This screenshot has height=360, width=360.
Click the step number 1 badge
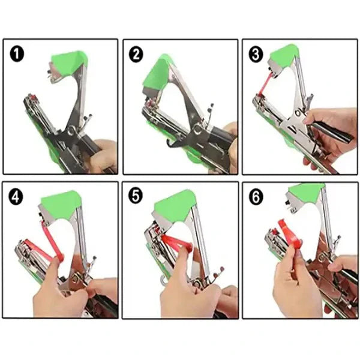coord(17,55)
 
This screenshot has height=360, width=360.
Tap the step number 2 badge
coord(136,55)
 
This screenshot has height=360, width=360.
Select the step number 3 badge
coord(256,55)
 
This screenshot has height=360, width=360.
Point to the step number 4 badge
coord(16,197)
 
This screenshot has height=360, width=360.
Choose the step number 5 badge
coord(136,196)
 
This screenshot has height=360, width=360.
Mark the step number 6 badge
coord(256,197)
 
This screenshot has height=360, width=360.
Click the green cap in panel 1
coord(69,62)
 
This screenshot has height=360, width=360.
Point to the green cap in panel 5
coord(176,205)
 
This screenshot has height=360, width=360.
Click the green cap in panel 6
coord(307,193)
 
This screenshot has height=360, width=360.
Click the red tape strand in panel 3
coord(265,84)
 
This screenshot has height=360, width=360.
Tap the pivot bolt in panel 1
coord(71,131)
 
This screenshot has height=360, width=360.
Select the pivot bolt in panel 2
coord(197,129)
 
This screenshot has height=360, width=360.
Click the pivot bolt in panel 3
coord(298,113)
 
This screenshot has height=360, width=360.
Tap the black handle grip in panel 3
coord(331,131)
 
